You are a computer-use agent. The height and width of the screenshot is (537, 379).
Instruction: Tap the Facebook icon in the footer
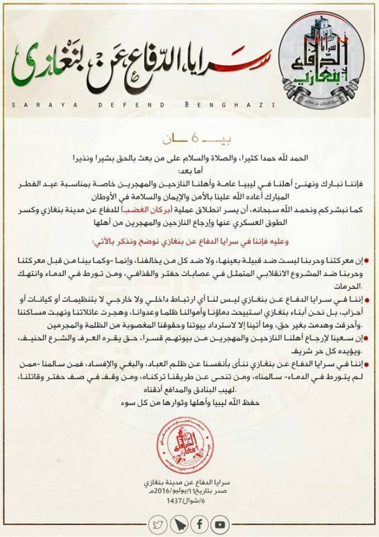(199, 524)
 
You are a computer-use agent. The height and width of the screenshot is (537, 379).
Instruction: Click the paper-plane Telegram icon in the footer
(178, 524)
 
